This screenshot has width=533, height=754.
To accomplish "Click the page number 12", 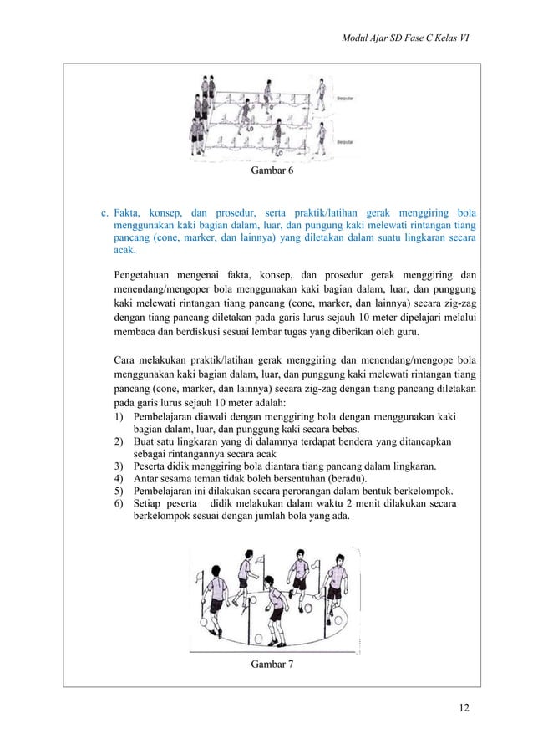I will coord(464,710).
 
